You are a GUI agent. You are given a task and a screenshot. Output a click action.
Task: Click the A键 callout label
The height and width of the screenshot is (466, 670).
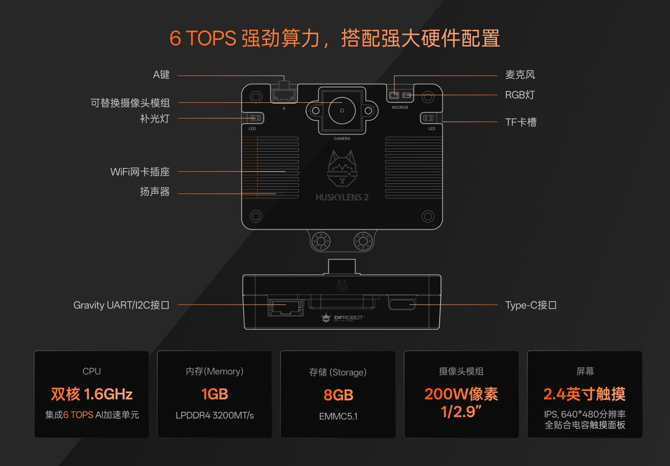tap(161, 75)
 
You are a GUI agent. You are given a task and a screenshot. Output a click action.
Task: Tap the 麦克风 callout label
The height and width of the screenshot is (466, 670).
tap(520, 75)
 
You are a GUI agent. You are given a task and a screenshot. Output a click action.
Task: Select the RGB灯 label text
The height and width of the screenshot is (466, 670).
tap(520, 95)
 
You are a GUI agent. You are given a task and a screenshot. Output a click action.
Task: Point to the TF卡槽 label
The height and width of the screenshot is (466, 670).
tap(521, 122)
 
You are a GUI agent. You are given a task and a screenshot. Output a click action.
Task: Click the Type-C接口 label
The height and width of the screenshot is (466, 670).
tap(531, 305)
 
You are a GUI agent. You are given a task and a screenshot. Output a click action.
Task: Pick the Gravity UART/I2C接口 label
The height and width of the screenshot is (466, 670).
tap(121, 305)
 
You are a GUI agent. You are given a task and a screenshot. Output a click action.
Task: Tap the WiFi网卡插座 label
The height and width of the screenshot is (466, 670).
tap(140, 172)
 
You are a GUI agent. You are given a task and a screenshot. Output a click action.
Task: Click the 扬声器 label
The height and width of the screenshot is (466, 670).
tap(155, 192)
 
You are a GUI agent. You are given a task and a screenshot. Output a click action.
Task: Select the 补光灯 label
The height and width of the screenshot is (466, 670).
tap(155, 119)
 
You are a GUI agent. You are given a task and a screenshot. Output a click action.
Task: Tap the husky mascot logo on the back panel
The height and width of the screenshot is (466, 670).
tap(342, 168)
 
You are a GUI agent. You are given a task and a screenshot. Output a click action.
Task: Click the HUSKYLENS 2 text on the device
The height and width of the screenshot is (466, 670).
tap(342, 197)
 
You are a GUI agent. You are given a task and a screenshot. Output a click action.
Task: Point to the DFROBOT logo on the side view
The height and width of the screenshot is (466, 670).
tap(343, 318)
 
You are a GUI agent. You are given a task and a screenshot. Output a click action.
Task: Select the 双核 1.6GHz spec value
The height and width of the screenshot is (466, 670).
tap(92, 394)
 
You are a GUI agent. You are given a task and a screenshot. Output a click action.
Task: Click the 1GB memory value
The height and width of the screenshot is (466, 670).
tap(214, 394)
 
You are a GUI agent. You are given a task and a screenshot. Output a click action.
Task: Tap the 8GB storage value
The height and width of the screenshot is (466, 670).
tap(338, 395)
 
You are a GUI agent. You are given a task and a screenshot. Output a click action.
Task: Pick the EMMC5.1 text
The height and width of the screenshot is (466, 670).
tap(338, 417)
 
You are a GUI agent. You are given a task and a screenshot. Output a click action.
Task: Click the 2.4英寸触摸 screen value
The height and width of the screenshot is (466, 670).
tap(584, 394)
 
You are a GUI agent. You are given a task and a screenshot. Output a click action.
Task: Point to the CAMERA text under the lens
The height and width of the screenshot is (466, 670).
tap(342, 139)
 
